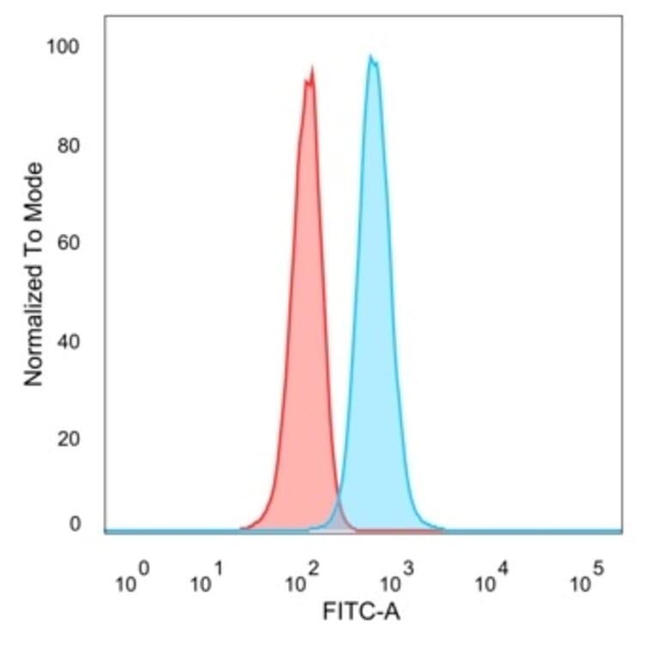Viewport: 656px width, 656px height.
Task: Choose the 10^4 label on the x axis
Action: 493,581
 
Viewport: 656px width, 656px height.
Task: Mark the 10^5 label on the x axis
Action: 588,581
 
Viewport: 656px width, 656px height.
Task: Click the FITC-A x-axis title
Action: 361,612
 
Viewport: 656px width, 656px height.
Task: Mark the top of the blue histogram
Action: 371,58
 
